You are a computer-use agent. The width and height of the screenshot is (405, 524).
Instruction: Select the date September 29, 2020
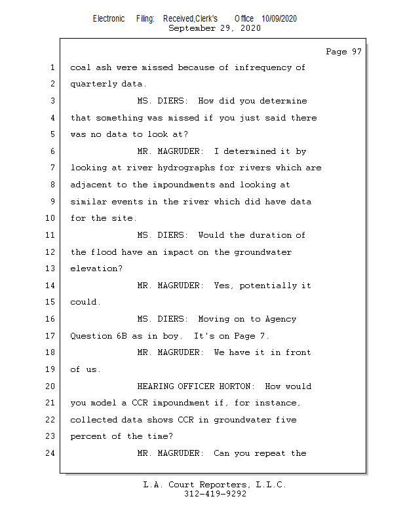(214, 28)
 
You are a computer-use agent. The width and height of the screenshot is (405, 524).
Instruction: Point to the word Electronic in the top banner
(109, 19)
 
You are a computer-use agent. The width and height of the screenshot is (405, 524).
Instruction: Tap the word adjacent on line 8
(92, 185)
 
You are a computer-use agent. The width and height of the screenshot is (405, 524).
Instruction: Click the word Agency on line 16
(280, 320)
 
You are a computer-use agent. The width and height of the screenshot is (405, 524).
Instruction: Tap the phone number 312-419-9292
(215, 495)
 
